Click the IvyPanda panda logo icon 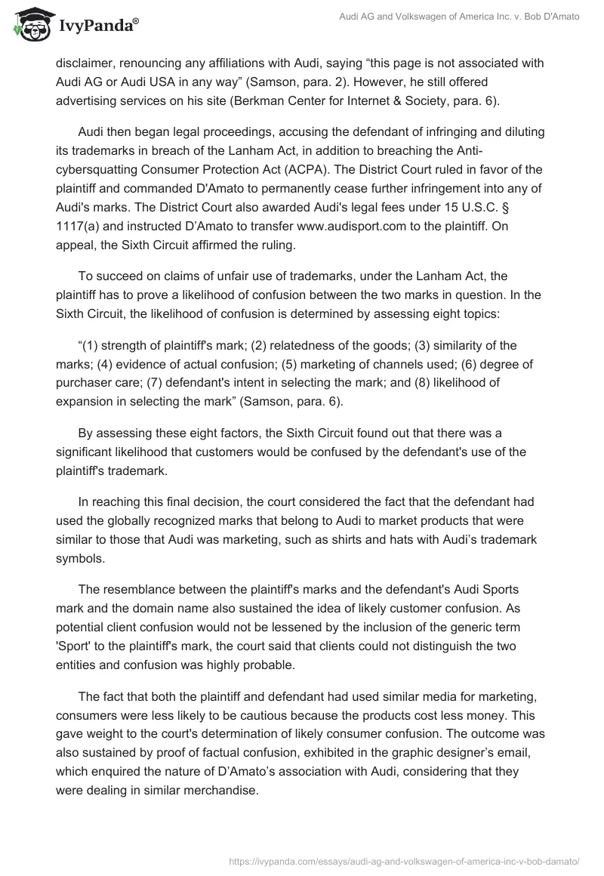tap(30, 25)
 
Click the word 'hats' tap(390, 540)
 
